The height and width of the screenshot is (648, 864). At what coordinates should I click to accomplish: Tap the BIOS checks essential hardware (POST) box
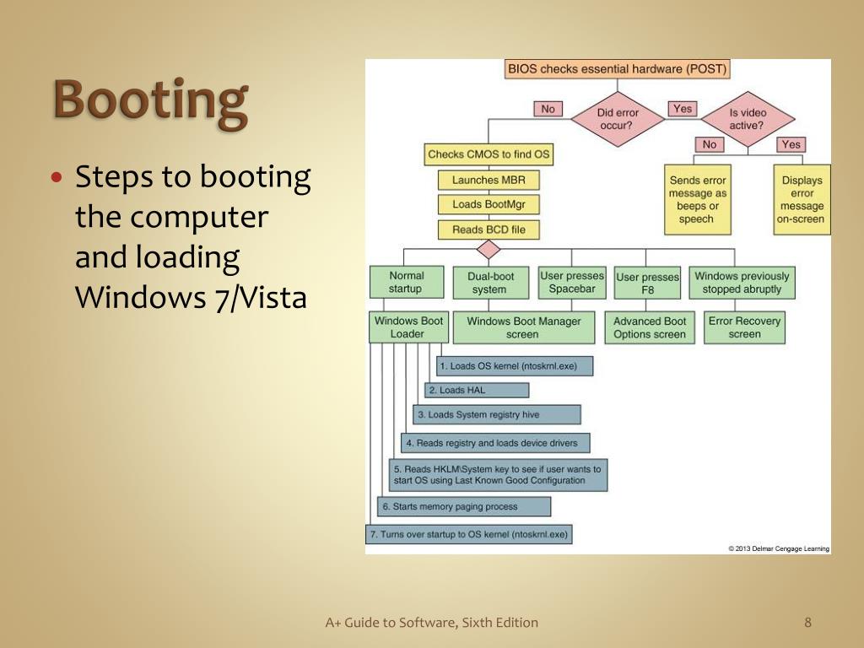point(617,69)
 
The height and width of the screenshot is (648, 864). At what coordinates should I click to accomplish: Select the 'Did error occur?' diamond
point(618,119)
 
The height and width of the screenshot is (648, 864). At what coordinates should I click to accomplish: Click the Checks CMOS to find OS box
point(489,154)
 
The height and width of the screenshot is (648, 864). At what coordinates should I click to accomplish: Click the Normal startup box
point(406,282)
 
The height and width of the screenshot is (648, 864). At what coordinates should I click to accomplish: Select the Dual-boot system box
point(489,283)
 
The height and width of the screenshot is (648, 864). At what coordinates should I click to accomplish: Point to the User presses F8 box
point(647,283)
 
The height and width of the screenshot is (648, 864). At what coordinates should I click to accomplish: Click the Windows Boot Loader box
point(408,327)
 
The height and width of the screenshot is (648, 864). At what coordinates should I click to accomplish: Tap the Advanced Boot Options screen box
point(650,327)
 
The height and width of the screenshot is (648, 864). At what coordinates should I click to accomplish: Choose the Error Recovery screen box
point(744,327)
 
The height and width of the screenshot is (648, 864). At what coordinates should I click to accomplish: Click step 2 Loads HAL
point(477,390)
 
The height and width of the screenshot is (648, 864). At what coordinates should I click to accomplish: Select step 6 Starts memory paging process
point(464,506)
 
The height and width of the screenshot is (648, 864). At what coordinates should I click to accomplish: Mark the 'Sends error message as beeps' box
point(697,199)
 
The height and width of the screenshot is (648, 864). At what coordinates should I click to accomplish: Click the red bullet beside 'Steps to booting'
point(57,178)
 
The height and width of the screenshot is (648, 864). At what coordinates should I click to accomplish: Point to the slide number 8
point(807,623)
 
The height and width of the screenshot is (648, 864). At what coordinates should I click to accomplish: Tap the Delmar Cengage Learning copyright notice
point(779,548)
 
